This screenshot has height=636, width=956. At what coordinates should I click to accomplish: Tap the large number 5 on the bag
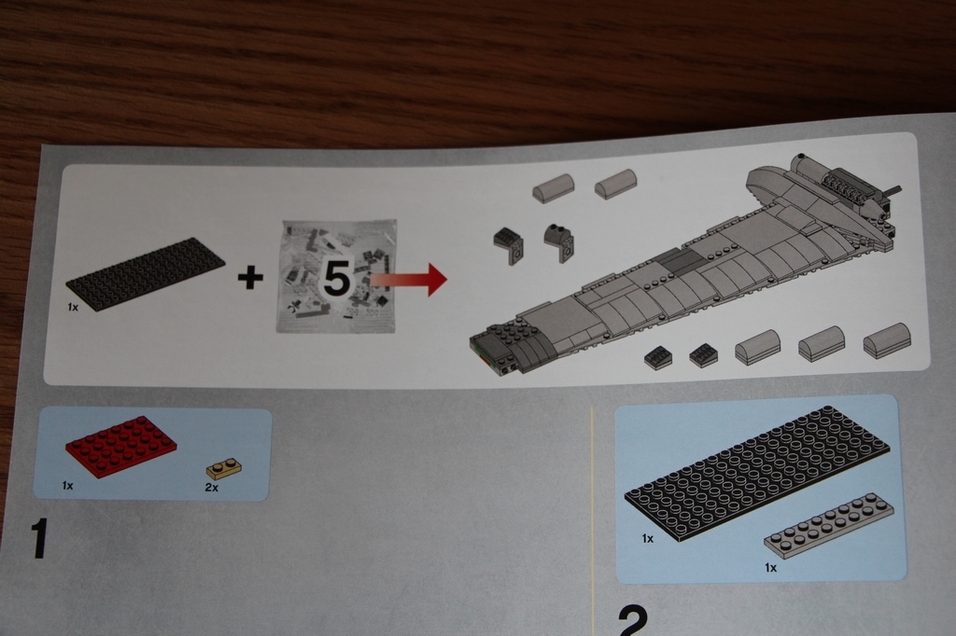[336, 280]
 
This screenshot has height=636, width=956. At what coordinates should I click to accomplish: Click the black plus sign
[250, 279]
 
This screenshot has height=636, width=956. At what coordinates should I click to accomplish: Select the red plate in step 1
[120, 447]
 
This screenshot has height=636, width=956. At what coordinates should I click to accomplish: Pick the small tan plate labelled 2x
[224, 469]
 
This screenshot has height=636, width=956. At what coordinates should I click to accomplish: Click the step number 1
[38, 538]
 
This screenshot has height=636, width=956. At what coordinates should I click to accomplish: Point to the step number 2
[633, 620]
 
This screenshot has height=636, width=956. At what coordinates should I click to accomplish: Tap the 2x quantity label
[212, 488]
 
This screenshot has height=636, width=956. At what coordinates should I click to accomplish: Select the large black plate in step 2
[756, 472]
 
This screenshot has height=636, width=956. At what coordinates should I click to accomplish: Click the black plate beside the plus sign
[145, 273]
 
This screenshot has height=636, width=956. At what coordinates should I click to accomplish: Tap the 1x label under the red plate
[67, 486]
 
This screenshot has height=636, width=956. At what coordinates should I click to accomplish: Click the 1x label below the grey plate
[770, 568]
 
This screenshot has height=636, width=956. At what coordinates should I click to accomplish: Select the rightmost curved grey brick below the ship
[887, 340]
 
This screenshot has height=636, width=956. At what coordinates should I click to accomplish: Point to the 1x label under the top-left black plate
[73, 307]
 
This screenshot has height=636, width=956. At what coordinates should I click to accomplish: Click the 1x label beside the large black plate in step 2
[648, 538]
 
